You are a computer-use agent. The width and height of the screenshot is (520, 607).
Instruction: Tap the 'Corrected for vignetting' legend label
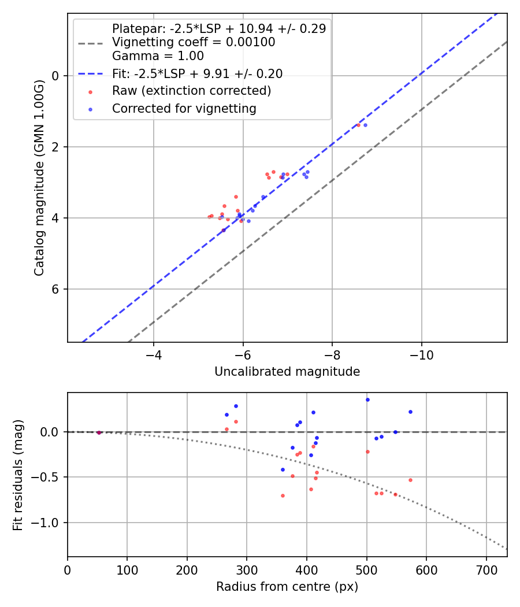point(184,108)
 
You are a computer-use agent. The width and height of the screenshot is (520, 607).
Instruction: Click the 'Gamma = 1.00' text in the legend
point(158,56)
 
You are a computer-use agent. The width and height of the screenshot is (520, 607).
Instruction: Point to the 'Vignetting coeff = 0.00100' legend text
point(194,42)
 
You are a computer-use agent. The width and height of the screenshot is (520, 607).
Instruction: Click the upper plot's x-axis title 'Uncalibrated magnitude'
point(287,372)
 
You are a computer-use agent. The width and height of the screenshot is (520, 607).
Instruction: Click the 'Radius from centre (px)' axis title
point(287,587)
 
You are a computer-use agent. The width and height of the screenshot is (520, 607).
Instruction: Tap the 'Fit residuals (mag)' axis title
point(18,475)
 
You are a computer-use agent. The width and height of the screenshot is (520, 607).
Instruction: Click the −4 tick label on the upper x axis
point(154,353)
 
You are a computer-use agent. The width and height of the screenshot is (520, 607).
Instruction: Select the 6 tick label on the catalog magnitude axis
point(56,289)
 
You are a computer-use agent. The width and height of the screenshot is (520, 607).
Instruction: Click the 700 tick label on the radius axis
point(486,568)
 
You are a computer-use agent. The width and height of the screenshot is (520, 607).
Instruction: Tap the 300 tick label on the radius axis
point(247,568)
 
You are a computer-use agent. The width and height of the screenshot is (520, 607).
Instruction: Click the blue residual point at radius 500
point(367,399)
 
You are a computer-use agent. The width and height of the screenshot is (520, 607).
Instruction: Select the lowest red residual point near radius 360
point(283,495)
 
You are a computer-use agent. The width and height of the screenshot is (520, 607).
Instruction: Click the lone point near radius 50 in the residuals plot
point(99,432)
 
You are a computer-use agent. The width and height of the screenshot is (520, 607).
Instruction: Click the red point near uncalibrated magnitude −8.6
point(358,125)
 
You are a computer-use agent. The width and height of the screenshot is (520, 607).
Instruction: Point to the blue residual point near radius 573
point(410,412)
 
